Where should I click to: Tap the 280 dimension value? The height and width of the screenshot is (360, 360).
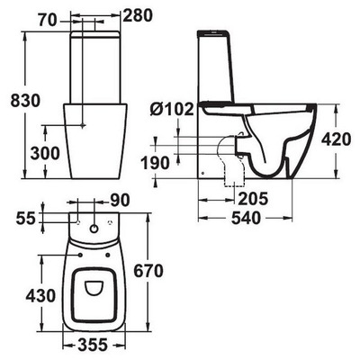[x=138, y=16]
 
